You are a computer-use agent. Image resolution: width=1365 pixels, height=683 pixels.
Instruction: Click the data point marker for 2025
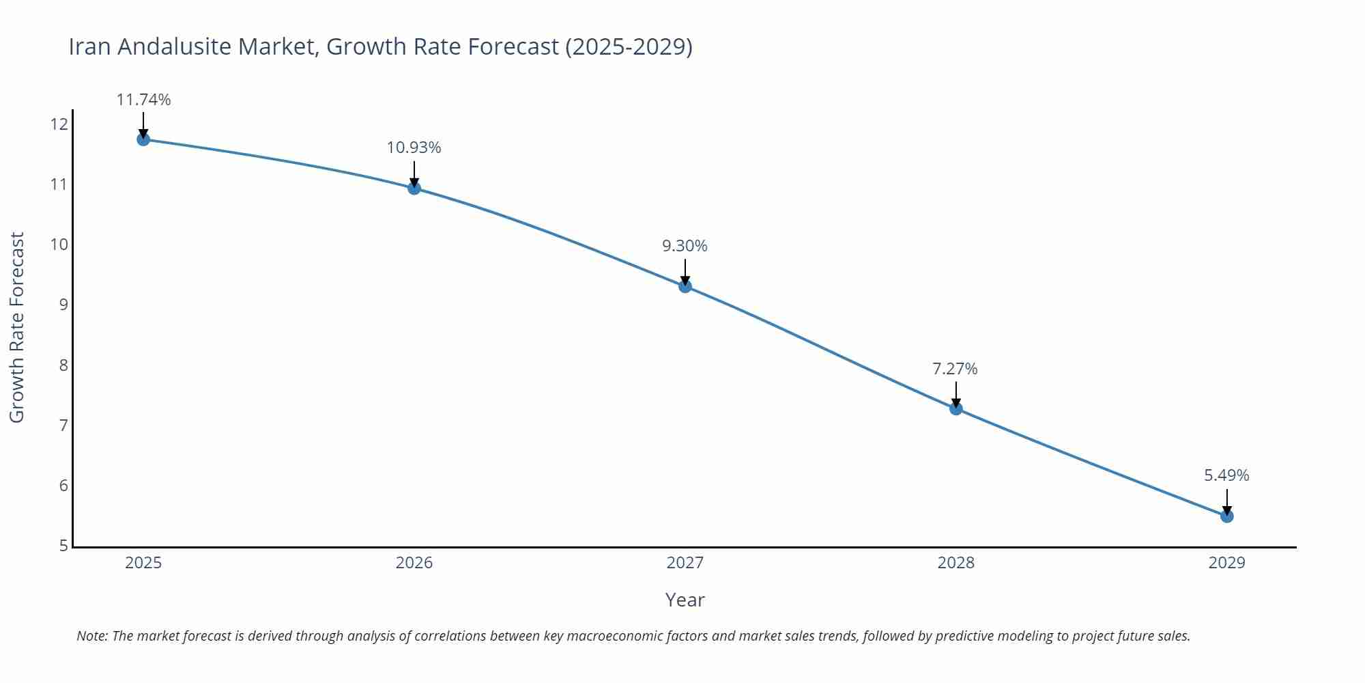(x=143, y=139)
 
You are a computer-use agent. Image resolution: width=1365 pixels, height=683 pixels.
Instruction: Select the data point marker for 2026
(x=414, y=188)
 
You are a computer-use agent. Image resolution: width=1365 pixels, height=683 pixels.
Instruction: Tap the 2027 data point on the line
(x=685, y=286)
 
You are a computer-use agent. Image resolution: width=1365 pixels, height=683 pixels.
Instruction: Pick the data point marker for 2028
(x=956, y=408)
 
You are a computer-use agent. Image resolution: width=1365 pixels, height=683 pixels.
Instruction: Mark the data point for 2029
(x=1227, y=516)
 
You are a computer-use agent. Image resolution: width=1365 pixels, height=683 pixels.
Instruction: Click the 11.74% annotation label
(x=143, y=100)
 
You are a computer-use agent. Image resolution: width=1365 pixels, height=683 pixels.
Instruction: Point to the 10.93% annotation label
(x=414, y=148)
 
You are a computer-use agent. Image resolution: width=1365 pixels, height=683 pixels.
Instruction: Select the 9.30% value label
(x=685, y=246)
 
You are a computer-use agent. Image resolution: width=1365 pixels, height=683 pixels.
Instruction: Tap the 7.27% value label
(x=955, y=369)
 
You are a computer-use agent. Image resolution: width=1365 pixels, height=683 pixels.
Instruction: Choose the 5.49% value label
(x=1226, y=475)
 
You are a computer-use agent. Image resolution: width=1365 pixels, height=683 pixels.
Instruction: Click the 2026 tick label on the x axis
(x=414, y=563)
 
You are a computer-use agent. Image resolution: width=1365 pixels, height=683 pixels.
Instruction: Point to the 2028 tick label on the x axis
(x=956, y=563)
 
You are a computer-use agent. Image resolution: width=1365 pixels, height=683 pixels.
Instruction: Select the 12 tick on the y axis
(x=59, y=124)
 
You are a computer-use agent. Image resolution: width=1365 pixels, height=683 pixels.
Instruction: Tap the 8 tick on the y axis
(x=63, y=365)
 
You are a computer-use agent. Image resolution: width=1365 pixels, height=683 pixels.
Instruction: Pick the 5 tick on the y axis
(x=63, y=546)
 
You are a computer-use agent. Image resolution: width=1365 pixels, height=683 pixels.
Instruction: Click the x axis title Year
(x=685, y=600)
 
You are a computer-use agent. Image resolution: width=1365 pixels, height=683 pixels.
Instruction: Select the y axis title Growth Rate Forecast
(x=17, y=327)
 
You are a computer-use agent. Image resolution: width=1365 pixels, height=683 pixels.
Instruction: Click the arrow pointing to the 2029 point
(x=1227, y=501)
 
